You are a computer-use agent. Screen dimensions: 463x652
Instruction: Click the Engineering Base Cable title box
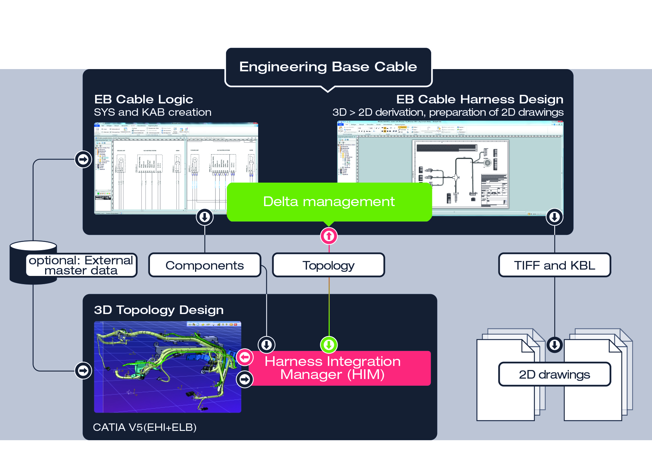click(328, 67)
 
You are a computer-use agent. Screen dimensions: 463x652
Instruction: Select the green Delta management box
click(329, 202)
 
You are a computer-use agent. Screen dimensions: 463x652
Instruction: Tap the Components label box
click(204, 265)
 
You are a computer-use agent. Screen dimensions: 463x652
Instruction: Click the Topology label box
click(328, 265)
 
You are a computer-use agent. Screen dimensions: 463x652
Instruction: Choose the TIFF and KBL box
click(554, 265)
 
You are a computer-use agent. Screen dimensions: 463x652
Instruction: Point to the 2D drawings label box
click(554, 374)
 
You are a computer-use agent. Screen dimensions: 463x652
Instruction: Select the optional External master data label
click(81, 265)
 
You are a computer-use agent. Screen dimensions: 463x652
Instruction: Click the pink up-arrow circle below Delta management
click(329, 236)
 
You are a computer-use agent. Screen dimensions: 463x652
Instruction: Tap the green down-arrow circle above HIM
click(329, 345)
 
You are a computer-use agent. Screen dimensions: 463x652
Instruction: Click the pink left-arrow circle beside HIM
click(245, 357)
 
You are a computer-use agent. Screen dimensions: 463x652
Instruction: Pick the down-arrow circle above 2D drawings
click(554, 345)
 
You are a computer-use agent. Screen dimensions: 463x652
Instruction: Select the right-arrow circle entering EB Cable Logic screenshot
click(83, 159)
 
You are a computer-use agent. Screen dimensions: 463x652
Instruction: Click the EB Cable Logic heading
click(144, 99)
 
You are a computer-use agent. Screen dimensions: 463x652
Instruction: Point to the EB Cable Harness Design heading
click(480, 99)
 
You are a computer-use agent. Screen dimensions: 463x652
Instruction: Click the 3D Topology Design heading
click(159, 310)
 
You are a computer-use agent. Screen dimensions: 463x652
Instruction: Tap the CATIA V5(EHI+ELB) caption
click(145, 427)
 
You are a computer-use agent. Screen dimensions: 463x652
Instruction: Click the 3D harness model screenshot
click(167, 367)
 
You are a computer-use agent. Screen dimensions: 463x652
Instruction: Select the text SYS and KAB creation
click(153, 112)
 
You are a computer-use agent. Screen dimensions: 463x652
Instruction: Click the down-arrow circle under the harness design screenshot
click(554, 217)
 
